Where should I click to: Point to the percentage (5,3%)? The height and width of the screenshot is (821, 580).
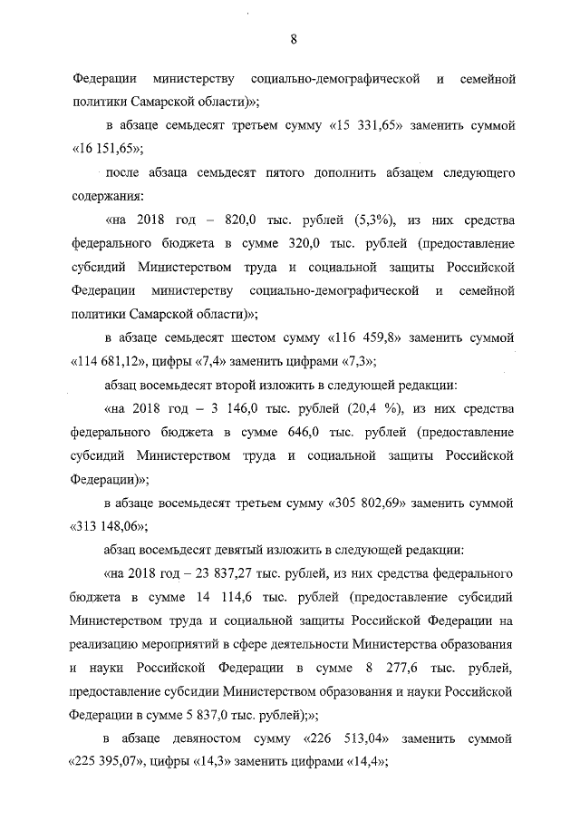[x=362, y=222]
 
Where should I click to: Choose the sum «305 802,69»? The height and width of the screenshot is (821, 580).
[x=382, y=502]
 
